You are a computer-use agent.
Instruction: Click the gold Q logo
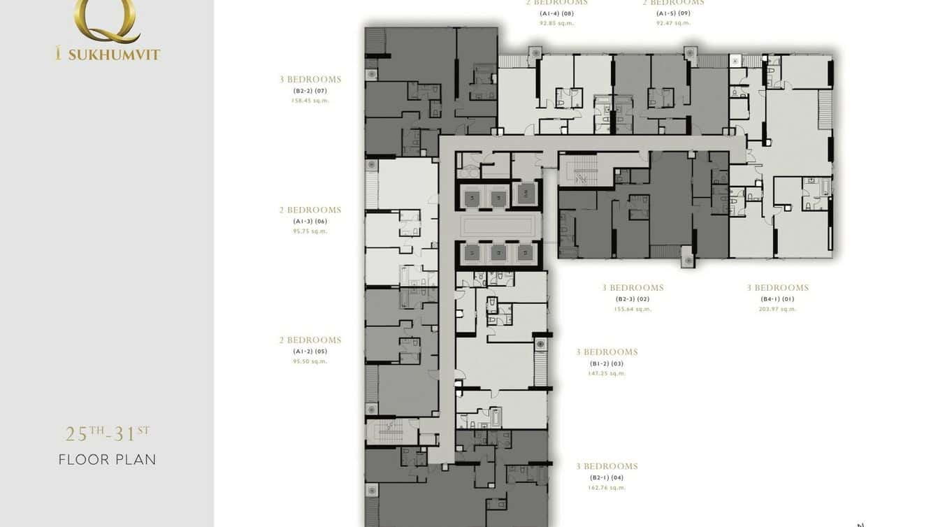point(108,19)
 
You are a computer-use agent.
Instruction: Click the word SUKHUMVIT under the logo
point(114,55)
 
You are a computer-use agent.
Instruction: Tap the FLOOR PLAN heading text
point(108,460)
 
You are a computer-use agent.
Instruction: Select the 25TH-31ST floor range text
point(108,434)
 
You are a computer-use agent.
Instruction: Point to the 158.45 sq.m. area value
point(310,101)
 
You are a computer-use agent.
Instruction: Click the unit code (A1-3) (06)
point(310,222)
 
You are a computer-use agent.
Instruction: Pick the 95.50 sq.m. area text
point(310,361)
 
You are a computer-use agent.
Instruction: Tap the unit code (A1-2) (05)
point(310,352)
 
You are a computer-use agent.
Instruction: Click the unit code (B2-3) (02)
point(633,299)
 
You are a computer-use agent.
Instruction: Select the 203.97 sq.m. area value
point(777,309)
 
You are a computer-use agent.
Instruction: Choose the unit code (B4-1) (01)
point(777,299)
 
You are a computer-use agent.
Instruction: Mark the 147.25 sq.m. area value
point(607,373)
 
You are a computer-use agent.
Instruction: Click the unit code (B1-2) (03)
point(607,363)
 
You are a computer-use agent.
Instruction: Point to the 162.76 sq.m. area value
point(607,488)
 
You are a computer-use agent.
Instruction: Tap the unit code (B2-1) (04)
point(607,478)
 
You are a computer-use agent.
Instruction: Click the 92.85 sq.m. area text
point(556,23)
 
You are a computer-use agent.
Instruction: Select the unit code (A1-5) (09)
point(673,13)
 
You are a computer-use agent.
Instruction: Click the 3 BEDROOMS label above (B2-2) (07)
point(310,80)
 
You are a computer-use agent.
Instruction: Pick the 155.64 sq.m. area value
point(633,309)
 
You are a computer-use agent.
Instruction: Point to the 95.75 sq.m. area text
point(310,231)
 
